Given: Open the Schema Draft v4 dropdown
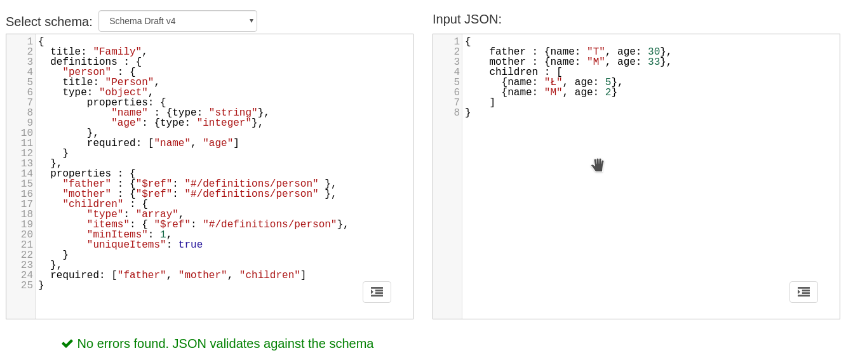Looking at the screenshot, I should (x=178, y=21).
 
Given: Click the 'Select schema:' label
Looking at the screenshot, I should (x=49, y=22).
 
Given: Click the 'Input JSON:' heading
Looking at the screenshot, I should (x=467, y=19).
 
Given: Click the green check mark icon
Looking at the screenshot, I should (x=67, y=343).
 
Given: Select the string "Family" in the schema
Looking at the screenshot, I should (x=117, y=52).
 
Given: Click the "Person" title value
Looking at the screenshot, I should (x=130, y=83).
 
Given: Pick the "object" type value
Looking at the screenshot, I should (x=123, y=93).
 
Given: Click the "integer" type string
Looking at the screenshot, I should (x=224, y=123).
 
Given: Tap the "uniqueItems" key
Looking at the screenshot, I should (x=126, y=245).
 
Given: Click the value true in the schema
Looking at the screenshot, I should (x=191, y=245).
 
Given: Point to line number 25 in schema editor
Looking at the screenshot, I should (x=27, y=286).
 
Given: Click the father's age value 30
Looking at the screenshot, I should (x=654, y=52).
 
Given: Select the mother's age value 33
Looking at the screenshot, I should (x=654, y=62).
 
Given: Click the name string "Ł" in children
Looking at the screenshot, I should (x=553, y=83).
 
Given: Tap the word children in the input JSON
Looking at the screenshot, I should (x=513, y=72).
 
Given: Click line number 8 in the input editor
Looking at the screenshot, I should (x=457, y=113).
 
